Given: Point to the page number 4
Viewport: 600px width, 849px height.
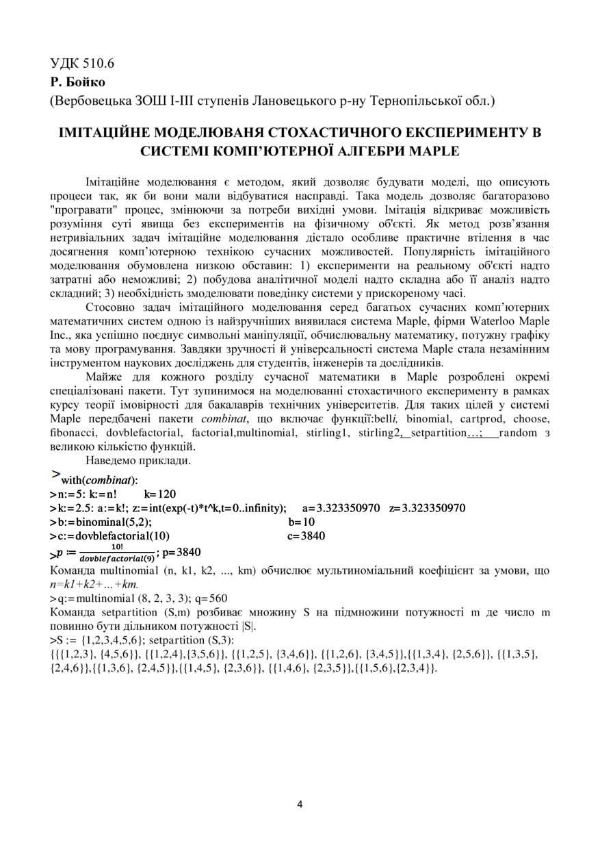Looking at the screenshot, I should pyautogui.click(x=300, y=804).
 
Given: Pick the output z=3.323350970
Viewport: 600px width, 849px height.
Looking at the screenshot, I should pyautogui.click(x=427, y=507).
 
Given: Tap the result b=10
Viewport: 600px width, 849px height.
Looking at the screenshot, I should pyautogui.click(x=302, y=522).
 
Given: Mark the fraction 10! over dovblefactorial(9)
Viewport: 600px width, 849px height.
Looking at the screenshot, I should pyautogui.click(x=117, y=553).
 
